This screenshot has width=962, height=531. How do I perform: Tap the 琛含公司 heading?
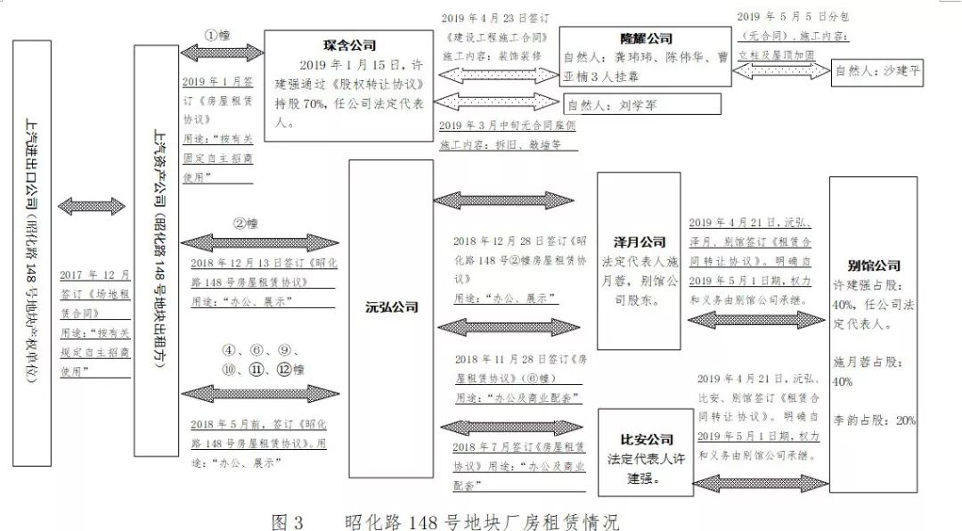coord(350,45)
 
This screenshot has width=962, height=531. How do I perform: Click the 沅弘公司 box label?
coord(391,308)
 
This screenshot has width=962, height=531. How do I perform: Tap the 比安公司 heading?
coord(647,440)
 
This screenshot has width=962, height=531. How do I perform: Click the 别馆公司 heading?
coord(873,265)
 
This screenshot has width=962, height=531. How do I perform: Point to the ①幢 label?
coord(217,37)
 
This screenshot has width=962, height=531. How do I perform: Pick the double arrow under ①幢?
coord(217,53)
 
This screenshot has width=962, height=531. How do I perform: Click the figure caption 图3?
coord(288,520)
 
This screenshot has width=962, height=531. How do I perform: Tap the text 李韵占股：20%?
coord(873,420)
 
